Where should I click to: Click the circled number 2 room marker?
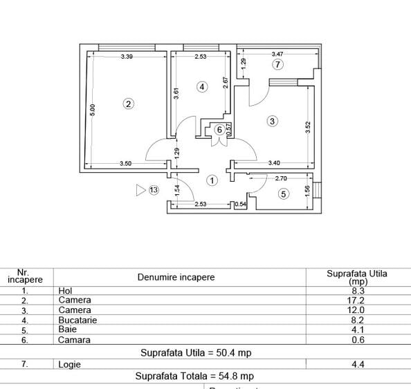pos(128,104)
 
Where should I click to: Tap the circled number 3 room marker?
pos(272,121)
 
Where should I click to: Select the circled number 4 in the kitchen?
pos(201,87)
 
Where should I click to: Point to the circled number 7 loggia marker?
pos(277,65)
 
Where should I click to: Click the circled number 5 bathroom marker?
pos(283,194)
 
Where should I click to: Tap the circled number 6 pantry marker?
pos(219,129)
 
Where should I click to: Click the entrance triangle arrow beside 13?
pos(141,189)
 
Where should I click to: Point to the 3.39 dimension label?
pos(127,56)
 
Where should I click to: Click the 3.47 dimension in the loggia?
pos(277,53)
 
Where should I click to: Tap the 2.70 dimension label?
pos(281,178)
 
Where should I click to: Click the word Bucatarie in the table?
pos(77,320)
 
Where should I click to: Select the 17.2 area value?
pos(358,301)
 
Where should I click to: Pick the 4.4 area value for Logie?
pos(358,364)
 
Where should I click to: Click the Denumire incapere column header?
pos(176,277)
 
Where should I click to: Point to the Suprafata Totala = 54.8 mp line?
pos(194,377)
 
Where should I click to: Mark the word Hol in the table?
pos(66,291)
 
